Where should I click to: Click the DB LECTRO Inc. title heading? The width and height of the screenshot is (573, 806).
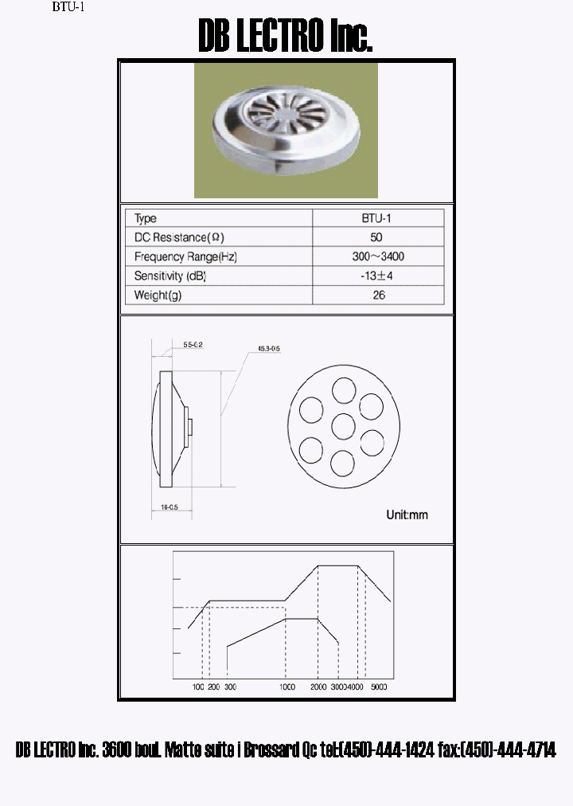[x=285, y=37]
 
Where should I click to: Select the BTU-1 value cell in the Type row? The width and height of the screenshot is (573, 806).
[x=376, y=218]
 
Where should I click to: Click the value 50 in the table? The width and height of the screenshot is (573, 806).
[x=376, y=237]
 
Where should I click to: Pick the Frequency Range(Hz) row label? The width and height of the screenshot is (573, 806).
[x=185, y=256]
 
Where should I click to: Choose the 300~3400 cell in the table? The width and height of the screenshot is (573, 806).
[x=376, y=256]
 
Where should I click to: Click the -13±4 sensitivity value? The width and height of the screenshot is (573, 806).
[x=376, y=276]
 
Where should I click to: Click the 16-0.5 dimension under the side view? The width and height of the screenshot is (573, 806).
[x=168, y=507]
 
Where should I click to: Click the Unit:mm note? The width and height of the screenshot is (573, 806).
[x=407, y=515]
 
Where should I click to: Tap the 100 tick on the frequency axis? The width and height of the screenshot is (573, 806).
[x=199, y=687]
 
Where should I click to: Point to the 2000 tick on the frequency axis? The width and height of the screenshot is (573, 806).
[x=318, y=687]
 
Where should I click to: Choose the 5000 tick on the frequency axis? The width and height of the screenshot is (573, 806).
[x=379, y=687]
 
